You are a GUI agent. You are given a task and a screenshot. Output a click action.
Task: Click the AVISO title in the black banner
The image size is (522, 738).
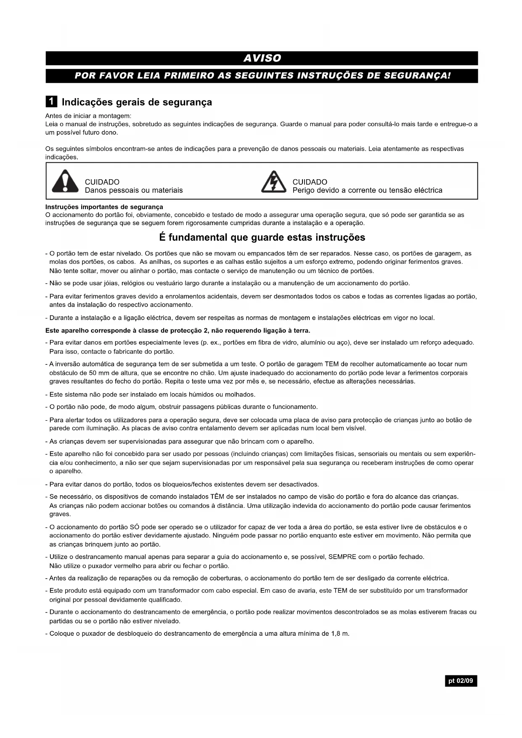coord(262,58)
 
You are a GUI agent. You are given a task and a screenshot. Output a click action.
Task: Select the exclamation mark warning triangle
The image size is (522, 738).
coord(65,181)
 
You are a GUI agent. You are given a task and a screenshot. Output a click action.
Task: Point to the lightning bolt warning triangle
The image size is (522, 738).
coord(274,182)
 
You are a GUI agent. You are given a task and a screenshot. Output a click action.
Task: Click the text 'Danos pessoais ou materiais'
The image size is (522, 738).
coord(134,191)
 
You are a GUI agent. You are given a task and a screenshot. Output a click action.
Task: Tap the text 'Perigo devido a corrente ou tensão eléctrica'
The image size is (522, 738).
coord(367,191)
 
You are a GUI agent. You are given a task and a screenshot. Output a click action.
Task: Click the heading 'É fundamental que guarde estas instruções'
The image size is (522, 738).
coord(262,238)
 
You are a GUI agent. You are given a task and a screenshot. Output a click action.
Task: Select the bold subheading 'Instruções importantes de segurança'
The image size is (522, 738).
coord(104,207)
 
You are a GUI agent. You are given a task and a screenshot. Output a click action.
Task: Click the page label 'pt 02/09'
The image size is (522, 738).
coord(461,681)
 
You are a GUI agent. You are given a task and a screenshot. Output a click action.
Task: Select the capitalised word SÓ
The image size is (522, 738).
coord(135,527)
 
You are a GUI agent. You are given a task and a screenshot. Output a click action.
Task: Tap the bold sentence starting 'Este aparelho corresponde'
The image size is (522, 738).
coord(178,331)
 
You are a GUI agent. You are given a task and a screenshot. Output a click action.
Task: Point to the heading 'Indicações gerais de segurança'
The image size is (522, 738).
coord(137,102)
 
